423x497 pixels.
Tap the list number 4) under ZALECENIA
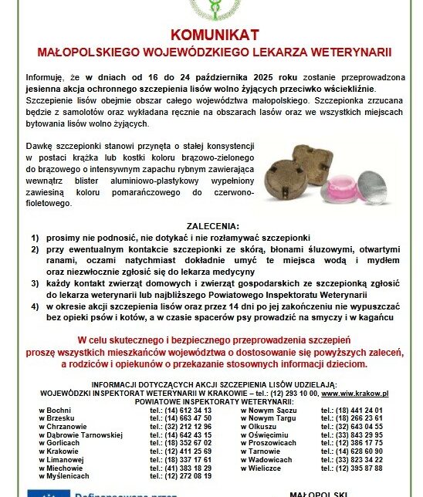click(35, 307)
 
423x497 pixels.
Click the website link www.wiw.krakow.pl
click(355, 392)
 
